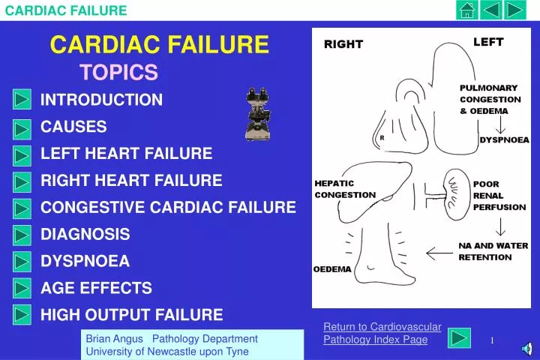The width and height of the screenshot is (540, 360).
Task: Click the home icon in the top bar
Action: pyautogui.click(x=467, y=10)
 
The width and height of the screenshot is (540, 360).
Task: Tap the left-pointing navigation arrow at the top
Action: pyautogui.click(x=491, y=10)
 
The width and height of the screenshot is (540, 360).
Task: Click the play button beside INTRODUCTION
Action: pyautogui.click(x=22, y=100)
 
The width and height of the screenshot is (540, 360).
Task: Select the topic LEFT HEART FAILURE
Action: pyautogui.click(x=126, y=154)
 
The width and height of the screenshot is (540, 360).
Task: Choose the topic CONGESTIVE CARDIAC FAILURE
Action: pyautogui.click(x=168, y=207)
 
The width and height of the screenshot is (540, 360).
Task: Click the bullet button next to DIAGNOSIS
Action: pyautogui.click(x=22, y=235)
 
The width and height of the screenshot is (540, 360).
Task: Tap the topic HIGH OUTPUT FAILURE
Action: pyautogui.click(x=131, y=315)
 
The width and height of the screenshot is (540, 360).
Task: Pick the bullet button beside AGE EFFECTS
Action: pyautogui.click(x=22, y=289)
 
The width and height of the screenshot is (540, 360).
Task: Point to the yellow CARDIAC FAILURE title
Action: pyautogui.click(x=159, y=46)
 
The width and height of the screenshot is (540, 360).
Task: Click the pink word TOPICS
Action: pyautogui.click(x=118, y=72)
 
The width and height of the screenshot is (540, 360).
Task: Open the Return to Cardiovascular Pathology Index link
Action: pyautogui.click(x=382, y=333)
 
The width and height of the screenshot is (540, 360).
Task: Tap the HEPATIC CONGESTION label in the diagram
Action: pyautogui.click(x=344, y=189)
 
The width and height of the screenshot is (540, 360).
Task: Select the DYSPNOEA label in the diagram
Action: pyautogui.click(x=504, y=139)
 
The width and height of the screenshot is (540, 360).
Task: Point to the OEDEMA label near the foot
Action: pyautogui.click(x=331, y=269)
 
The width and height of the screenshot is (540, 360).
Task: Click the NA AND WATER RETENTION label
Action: pyautogui.click(x=493, y=251)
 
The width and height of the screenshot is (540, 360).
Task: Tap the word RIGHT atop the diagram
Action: pyautogui.click(x=343, y=44)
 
